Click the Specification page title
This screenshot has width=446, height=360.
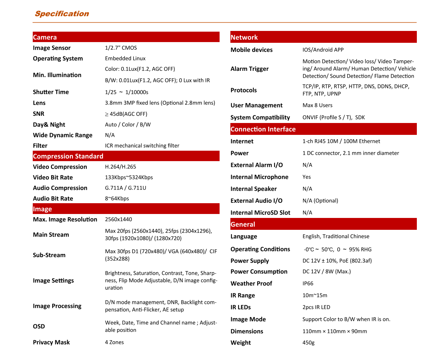pos(62,14)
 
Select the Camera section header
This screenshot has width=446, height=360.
pos(45,37)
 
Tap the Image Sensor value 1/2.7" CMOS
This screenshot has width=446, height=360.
pos(121,48)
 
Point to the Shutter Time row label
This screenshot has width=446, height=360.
pos(51,92)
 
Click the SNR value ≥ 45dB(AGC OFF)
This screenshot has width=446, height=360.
pos(126,114)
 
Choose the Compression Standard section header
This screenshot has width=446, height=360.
pos(68,156)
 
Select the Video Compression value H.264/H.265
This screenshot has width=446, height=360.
pos(121,167)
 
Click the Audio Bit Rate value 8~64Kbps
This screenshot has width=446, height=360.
pos(117,199)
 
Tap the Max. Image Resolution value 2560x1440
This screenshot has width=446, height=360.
pos(118,219)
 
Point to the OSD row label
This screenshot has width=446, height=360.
pos(39,327)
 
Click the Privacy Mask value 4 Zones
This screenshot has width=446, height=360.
pos(114,342)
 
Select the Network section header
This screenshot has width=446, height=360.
pos(244,37)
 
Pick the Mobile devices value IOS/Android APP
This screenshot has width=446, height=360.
pos(323,50)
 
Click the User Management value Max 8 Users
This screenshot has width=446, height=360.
pos(317,105)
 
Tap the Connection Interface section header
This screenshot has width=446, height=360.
pos(263,129)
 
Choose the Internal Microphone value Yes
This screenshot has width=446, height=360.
pos(307,177)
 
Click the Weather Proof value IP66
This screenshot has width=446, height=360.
pos(308,283)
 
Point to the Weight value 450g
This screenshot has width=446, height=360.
pos(308,343)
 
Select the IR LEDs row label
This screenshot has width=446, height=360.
pos(241,307)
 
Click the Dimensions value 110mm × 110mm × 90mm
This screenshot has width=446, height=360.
pos(335,331)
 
